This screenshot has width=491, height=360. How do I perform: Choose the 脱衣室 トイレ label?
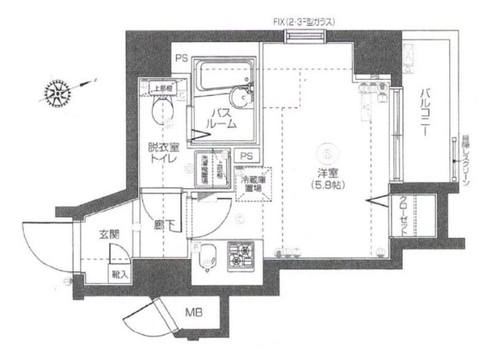click(161, 153)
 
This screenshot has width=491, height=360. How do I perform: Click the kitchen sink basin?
click(208, 258)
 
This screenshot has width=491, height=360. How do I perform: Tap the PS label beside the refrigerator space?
click(247, 155)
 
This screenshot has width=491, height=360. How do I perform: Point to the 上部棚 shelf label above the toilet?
click(163, 88)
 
